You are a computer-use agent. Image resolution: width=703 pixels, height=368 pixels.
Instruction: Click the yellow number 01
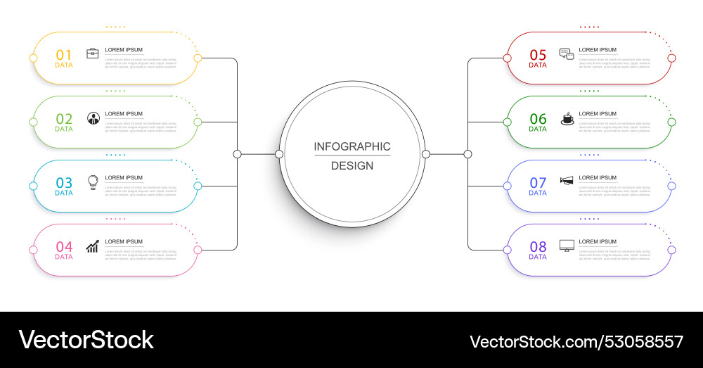pos(64,55)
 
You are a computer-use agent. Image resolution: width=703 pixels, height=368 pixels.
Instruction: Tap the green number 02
pos(64,119)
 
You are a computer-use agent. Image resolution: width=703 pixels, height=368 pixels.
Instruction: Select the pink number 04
pos(64,247)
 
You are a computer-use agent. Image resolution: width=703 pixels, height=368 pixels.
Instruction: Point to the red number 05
pos(538,55)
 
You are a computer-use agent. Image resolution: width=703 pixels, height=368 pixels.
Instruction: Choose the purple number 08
pos(538,247)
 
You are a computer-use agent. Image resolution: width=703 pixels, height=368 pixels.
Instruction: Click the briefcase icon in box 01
pos(93,53)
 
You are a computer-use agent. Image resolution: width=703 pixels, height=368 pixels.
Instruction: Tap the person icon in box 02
pos(93,118)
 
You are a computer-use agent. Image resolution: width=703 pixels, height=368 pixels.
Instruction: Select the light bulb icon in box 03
pos(92,182)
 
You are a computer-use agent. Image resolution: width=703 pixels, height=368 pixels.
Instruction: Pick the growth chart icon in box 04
pos(93,246)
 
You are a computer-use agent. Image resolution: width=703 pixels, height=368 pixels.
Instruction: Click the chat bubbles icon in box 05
pos(567,53)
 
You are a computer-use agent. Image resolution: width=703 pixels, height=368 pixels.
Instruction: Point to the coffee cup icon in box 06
pos(567,118)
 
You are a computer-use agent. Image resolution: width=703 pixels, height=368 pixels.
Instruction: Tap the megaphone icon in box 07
pos(567,181)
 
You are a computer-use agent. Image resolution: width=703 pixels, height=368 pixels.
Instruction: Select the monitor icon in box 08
pos(567,246)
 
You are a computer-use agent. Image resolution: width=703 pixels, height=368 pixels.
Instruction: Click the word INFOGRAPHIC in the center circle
pos(352,146)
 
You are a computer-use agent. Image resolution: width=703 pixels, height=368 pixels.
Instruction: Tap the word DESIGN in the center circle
pos(352,166)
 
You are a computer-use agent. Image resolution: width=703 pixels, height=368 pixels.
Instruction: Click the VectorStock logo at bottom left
pos(86,340)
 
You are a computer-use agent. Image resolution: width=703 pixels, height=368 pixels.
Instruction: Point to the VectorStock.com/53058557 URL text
pos(576,342)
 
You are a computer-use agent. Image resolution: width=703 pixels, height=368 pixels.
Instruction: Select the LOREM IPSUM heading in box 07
pos(598,178)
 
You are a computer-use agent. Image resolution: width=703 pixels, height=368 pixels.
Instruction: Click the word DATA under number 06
pos(538,129)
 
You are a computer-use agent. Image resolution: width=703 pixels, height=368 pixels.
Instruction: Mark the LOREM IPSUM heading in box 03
pos(124,178)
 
